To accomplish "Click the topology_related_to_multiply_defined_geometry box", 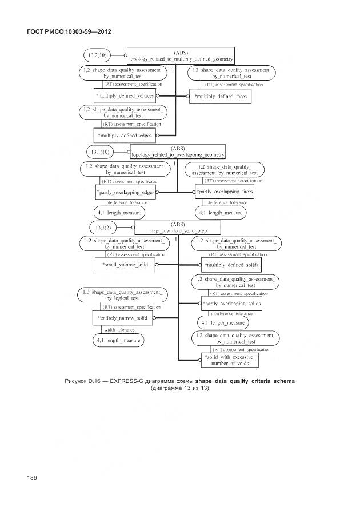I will [x=181, y=55].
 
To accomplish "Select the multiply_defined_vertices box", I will [x=125, y=96].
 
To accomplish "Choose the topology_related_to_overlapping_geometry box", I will [x=178, y=151].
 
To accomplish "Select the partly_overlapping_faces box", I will [x=225, y=192].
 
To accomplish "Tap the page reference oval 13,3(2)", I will [x=103, y=228].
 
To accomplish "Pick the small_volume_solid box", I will [x=125, y=265].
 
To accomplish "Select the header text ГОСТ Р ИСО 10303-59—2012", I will [x=69, y=31].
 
